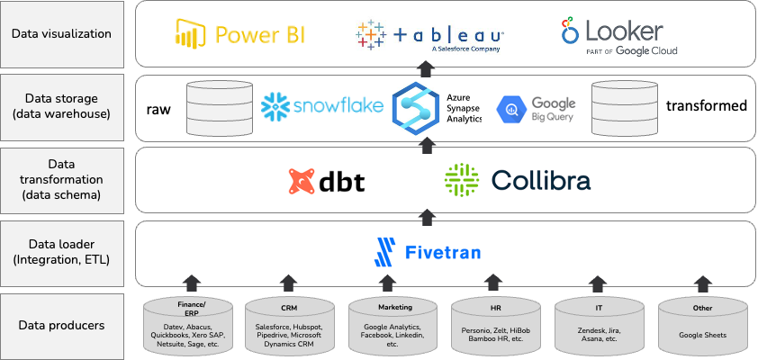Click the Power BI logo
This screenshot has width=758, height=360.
click(239, 34)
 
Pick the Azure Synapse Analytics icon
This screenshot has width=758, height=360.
click(415, 106)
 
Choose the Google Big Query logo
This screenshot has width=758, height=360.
click(537, 108)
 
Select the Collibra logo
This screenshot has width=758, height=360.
click(518, 180)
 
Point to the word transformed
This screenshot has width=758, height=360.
click(707, 106)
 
